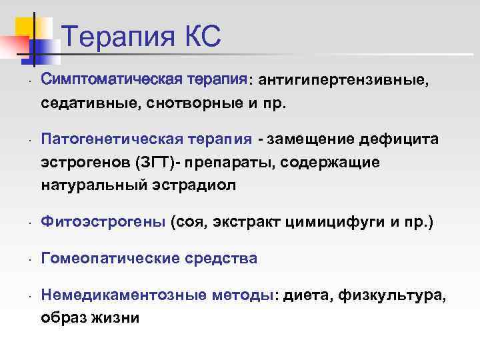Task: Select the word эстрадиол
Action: tap(200, 185)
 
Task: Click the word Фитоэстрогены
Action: tap(103, 222)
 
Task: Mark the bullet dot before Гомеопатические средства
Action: tap(23, 259)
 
